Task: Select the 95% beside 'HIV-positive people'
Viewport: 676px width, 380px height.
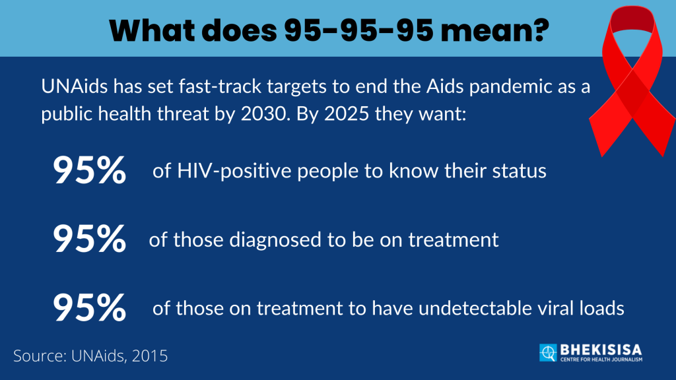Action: coord(90,171)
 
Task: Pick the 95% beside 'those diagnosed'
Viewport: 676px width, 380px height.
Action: coord(90,239)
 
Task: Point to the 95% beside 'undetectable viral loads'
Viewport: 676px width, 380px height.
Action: coord(90,307)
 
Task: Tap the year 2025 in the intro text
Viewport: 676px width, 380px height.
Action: coord(347,113)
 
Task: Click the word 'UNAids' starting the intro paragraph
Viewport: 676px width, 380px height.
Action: coord(74,86)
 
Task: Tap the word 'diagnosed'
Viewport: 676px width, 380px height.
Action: coord(275,240)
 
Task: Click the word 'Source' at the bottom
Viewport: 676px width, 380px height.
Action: coord(39,356)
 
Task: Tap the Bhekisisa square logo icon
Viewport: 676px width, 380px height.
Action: coord(548,353)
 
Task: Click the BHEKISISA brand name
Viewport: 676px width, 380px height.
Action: coord(601,350)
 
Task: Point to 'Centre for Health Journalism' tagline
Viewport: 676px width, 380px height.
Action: coord(601,360)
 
